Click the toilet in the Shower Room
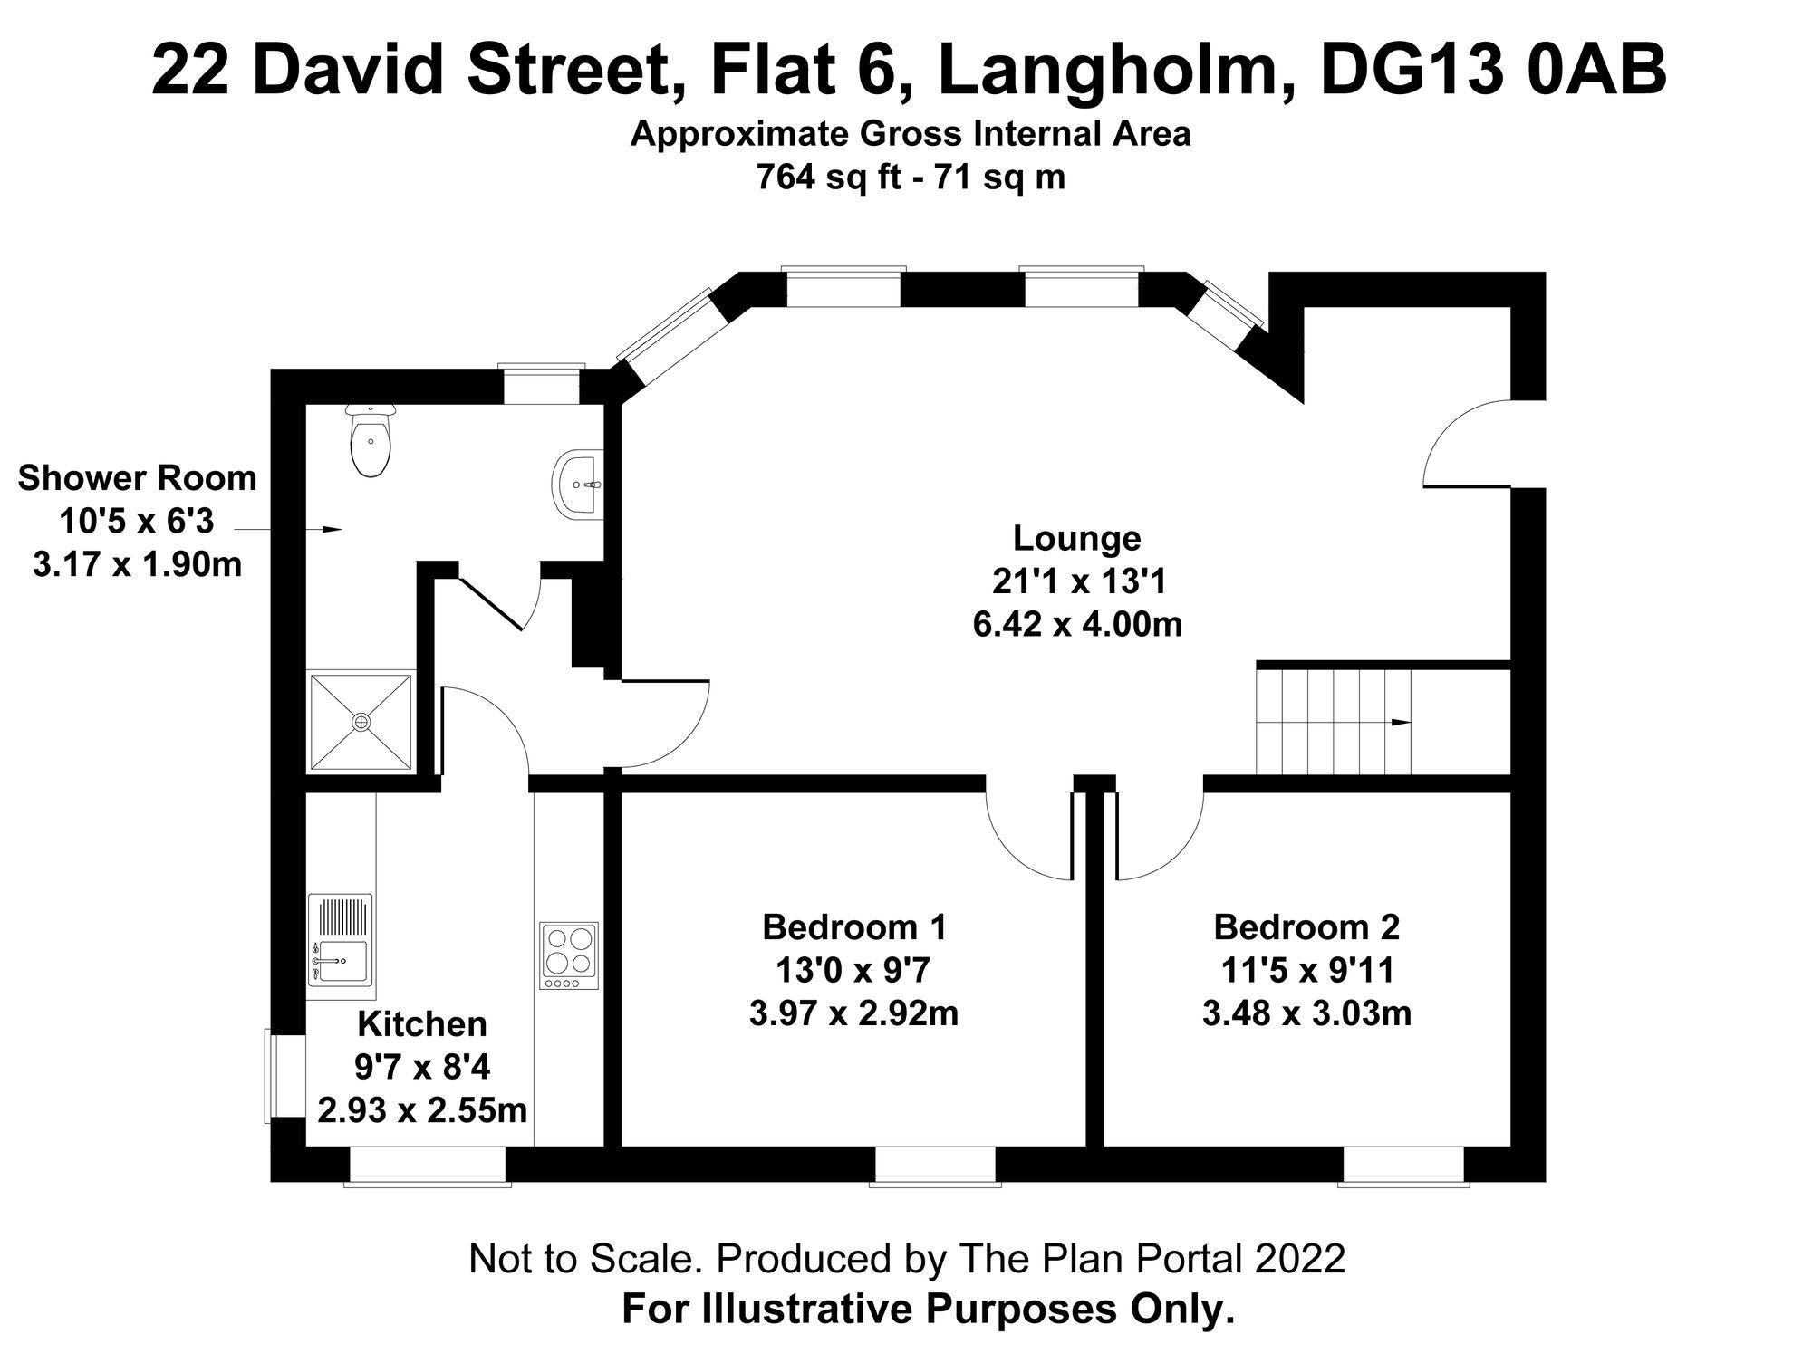point(371,444)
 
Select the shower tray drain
point(361,722)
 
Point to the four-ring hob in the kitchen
point(569,955)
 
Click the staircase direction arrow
point(1400,722)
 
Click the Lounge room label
point(1076,538)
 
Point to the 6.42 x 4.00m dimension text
point(1077,625)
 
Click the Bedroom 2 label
point(1306,927)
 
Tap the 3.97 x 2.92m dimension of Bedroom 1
point(853,1013)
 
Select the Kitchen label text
point(422,1024)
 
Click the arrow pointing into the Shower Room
point(332,529)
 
